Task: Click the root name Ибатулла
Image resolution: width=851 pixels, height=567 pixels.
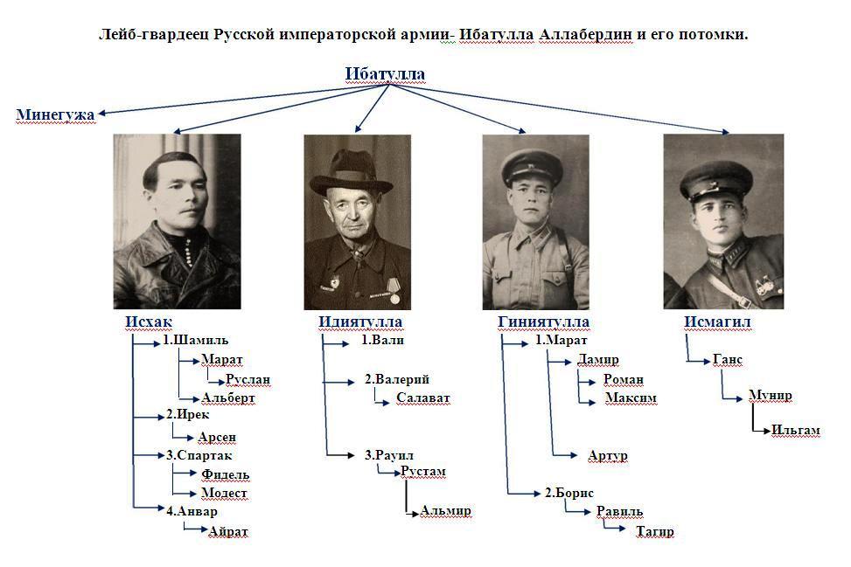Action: [x=385, y=73]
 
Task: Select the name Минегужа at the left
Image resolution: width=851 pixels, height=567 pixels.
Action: [x=55, y=115]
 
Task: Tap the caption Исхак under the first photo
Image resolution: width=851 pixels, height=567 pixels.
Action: [x=148, y=322]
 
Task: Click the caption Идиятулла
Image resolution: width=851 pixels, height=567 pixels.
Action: [x=359, y=322]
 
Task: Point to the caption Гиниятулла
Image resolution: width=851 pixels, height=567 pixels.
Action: [x=543, y=322]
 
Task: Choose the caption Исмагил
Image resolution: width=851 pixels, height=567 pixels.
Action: [x=717, y=322]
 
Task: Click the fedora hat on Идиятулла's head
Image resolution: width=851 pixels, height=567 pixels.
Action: [x=351, y=172]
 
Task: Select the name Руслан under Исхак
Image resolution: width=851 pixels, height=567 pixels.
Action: [x=248, y=380]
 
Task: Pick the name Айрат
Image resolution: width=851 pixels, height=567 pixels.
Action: [x=228, y=532]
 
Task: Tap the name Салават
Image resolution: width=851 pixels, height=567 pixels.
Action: [x=422, y=398]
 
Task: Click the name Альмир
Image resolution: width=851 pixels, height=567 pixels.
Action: [x=445, y=510]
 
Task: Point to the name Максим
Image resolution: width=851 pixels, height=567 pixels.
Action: [x=631, y=398]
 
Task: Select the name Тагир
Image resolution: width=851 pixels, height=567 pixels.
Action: [x=655, y=532]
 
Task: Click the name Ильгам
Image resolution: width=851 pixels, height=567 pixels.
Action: [x=795, y=431]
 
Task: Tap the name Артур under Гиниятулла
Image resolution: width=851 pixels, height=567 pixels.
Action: [x=607, y=456]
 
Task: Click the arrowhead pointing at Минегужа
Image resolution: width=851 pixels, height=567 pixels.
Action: [x=101, y=114]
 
